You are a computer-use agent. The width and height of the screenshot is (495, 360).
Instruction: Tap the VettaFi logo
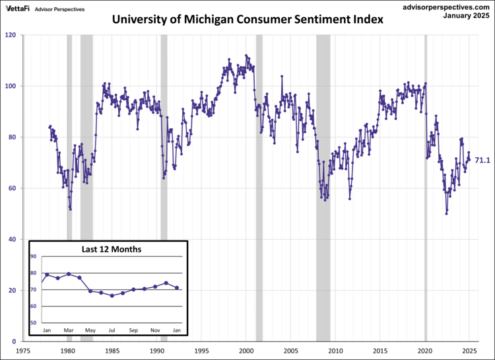[x=18, y=9]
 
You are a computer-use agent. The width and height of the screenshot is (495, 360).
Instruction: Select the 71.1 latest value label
[x=482, y=160]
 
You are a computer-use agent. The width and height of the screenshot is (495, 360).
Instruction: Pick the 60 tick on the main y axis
[x=13, y=188]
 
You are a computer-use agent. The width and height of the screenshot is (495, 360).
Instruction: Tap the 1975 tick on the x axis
[x=23, y=351]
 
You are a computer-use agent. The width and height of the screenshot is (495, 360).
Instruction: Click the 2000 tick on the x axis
[x=246, y=351]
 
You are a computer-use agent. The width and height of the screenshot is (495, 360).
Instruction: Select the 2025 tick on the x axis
[x=469, y=351]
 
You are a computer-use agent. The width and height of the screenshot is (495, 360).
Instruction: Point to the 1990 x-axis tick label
[x=157, y=351]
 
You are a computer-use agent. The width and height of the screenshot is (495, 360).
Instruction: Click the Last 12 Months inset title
[x=112, y=249]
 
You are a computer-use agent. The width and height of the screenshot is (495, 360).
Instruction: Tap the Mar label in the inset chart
[x=69, y=330]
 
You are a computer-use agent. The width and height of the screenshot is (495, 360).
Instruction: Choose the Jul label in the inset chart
[x=112, y=330]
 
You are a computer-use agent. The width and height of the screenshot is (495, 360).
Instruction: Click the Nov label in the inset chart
[x=155, y=330]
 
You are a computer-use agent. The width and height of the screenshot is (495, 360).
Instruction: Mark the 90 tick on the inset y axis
[x=34, y=256]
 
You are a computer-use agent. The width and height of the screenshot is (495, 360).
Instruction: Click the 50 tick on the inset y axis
[x=34, y=323]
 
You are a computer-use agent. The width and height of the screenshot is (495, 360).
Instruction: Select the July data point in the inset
[x=112, y=295]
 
